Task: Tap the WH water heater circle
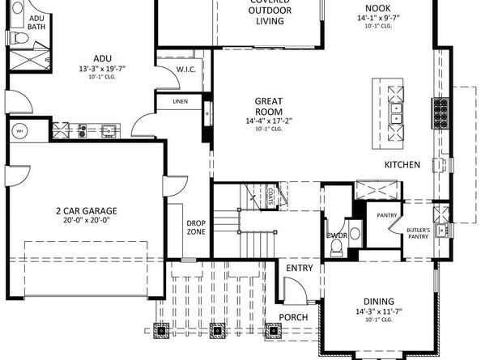tap(19, 129)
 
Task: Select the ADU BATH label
tap(36, 23)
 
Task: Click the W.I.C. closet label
tap(186, 70)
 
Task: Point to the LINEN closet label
tap(182, 102)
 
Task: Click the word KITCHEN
tap(402, 165)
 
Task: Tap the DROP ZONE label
tap(196, 227)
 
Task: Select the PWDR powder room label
tap(336, 235)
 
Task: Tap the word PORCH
tap(292, 316)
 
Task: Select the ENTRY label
tap(300, 268)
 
